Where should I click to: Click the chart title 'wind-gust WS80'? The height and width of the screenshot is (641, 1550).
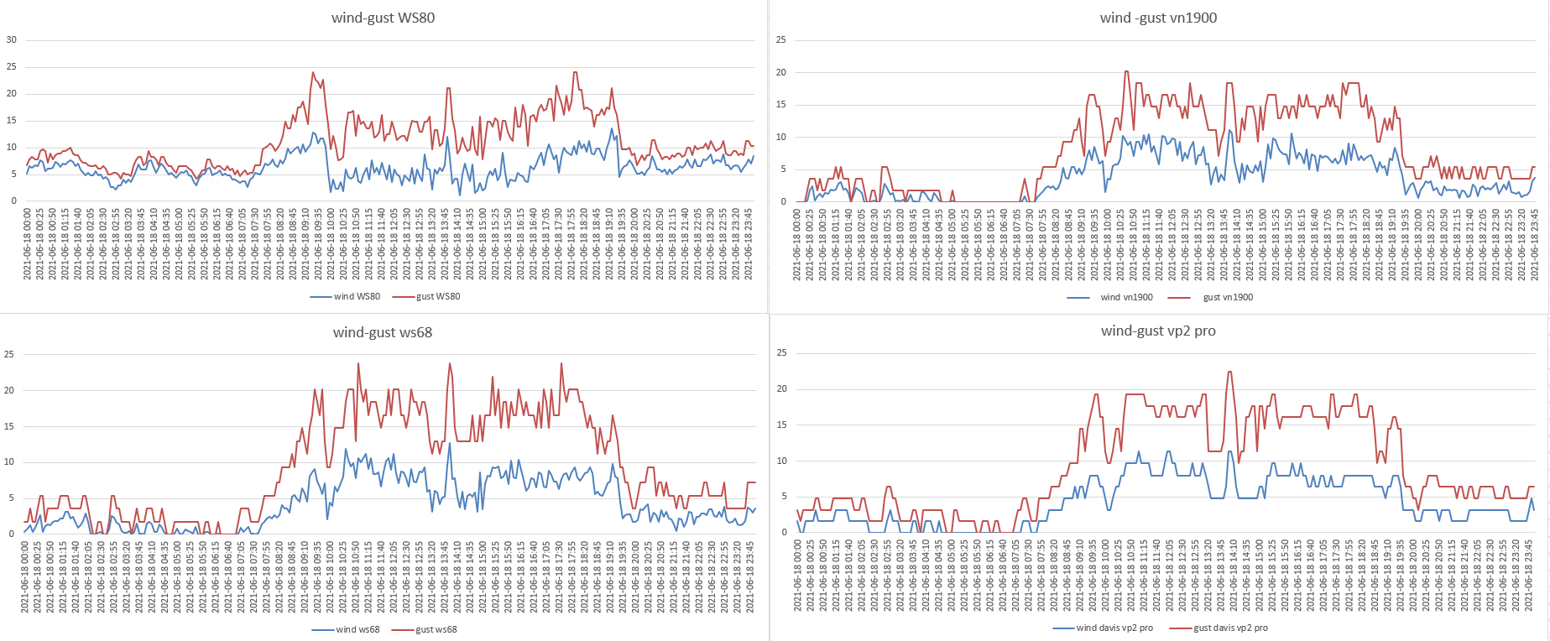(x=383, y=18)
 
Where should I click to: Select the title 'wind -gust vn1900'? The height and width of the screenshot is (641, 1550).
(x=1158, y=18)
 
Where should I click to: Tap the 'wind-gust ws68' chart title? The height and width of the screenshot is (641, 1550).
(x=382, y=332)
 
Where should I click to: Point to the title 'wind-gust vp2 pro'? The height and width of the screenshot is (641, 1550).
(x=1158, y=331)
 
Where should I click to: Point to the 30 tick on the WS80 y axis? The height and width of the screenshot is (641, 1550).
(x=12, y=39)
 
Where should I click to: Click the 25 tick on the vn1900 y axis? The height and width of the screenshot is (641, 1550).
(x=781, y=39)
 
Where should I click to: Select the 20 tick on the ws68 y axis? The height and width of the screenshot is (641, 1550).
(x=9, y=390)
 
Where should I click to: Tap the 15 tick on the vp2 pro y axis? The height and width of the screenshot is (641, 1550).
(x=781, y=425)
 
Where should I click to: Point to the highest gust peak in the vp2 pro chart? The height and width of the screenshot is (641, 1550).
(x=1229, y=372)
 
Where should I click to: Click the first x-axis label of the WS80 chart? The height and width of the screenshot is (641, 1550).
(x=28, y=244)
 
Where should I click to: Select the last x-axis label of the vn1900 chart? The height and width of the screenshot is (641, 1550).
(x=1535, y=244)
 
